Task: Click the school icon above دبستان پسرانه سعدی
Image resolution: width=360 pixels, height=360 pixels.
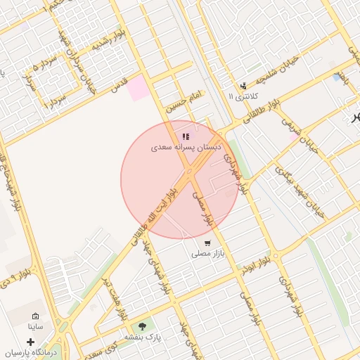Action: tap(186, 137)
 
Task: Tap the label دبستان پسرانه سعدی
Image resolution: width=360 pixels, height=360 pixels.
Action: tap(187, 148)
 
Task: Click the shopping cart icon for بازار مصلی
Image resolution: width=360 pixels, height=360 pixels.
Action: tap(207, 243)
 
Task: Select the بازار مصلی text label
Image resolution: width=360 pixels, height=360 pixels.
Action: tap(207, 254)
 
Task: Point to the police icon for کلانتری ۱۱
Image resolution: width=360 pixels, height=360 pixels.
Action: tap(243, 85)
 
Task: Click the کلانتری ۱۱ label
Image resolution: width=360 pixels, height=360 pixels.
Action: tap(243, 96)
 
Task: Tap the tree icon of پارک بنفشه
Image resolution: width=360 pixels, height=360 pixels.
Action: tap(143, 326)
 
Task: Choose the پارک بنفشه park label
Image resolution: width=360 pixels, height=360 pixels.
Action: tap(143, 337)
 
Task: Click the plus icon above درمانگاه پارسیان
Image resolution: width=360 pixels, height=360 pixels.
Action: tap(30, 340)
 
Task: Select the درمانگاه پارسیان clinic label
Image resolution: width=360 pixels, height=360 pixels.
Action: tap(30, 352)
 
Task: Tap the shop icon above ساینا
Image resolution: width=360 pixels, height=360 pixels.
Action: tap(36, 316)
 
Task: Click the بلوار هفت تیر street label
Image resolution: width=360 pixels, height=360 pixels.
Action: tap(112, 295)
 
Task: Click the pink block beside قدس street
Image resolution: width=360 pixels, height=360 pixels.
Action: tap(139, 87)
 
